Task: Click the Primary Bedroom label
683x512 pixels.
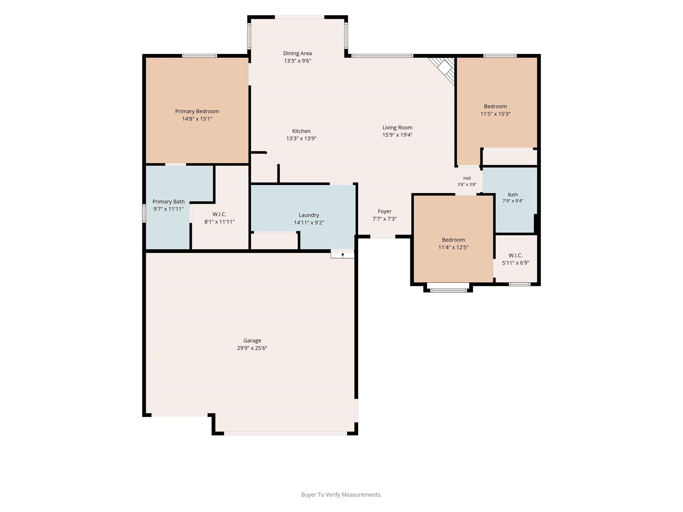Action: pyautogui.click(x=197, y=111)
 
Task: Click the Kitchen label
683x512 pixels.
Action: pyautogui.click(x=301, y=131)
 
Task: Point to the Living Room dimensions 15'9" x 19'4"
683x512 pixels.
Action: pyautogui.click(x=397, y=135)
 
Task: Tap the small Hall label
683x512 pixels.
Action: pyautogui.click(x=467, y=178)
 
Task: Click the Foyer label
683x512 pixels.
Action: pyautogui.click(x=384, y=211)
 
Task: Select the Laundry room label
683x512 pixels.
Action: pyautogui.click(x=309, y=215)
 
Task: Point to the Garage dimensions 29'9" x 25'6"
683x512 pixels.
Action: pyautogui.click(x=252, y=348)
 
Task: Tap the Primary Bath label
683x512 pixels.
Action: pyautogui.click(x=169, y=202)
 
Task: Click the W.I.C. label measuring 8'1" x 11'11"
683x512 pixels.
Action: pyautogui.click(x=219, y=214)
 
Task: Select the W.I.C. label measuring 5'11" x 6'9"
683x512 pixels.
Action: pyautogui.click(x=516, y=256)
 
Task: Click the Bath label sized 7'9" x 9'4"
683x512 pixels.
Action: pyautogui.click(x=513, y=195)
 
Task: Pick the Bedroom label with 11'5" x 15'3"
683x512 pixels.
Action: pyautogui.click(x=495, y=106)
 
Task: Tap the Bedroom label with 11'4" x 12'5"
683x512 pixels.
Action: pyautogui.click(x=453, y=240)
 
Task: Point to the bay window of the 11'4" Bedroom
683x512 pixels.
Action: pyautogui.click(x=448, y=290)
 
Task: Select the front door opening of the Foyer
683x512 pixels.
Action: pyautogui.click(x=383, y=237)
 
